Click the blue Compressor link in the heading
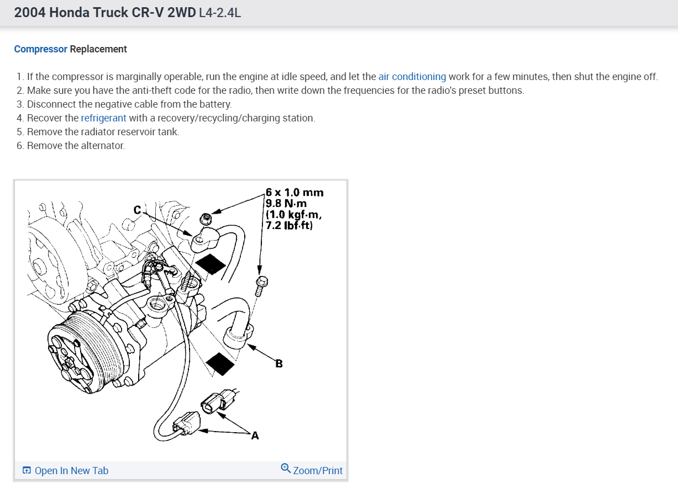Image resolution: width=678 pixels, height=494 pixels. pos(40,49)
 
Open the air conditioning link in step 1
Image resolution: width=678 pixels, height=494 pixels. pos(412,77)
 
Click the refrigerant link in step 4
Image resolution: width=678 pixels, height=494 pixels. pos(103,118)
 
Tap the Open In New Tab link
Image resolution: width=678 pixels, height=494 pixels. pos(71,471)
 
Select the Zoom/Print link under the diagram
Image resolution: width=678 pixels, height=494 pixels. pos(318,471)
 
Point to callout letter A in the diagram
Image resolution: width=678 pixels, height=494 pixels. pos(255,436)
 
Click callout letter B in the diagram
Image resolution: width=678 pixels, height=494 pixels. pos(279,363)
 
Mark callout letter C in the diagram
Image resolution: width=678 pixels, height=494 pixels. pos(138,210)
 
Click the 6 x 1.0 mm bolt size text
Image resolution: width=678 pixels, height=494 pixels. pos(295,193)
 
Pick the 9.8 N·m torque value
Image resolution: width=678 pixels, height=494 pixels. pos(286,204)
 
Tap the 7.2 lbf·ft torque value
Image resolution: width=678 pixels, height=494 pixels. pos(291,225)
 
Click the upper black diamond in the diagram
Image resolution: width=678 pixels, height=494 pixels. pos(210,263)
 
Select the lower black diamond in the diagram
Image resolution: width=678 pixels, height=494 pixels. pos(222,364)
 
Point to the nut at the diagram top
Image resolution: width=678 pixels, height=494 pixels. pos(205,219)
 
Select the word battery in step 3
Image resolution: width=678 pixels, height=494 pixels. pos(214,104)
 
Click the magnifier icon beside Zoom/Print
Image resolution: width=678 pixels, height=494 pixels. pos(285,468)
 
